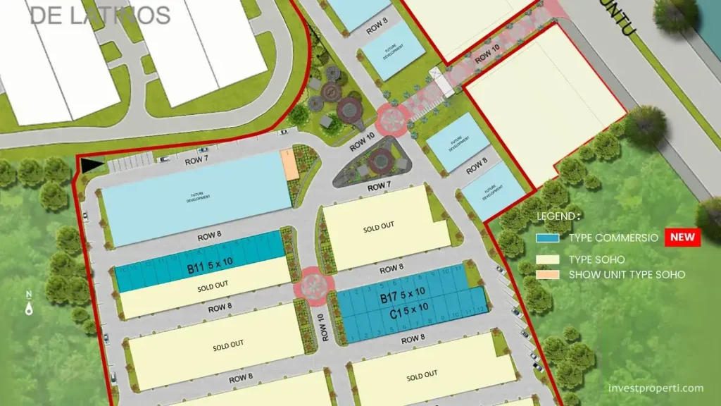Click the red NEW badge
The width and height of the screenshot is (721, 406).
682,237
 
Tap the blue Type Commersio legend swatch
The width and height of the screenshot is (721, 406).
547,238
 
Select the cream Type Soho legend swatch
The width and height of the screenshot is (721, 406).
547,259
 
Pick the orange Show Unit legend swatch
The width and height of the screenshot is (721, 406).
547,274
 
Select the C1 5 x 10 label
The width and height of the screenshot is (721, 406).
403,309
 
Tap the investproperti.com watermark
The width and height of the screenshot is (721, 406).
656,388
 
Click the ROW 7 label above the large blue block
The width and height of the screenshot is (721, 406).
196,161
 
